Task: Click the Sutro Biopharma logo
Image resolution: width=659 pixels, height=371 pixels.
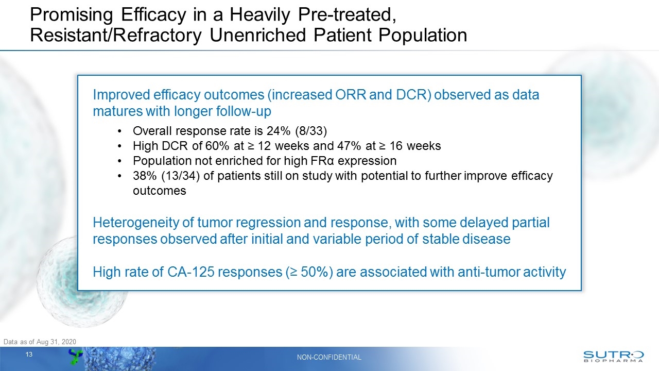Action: click(613, 357)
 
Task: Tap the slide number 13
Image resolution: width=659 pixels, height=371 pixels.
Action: click(29, 355)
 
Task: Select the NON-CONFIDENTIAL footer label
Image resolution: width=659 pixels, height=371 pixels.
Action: click(329, 357)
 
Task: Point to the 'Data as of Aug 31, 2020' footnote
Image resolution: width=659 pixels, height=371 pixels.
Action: click(40, 342)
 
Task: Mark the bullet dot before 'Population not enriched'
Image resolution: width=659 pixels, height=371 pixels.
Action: click(119, 161)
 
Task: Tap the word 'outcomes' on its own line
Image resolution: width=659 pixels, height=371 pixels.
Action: click(159, 191)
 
